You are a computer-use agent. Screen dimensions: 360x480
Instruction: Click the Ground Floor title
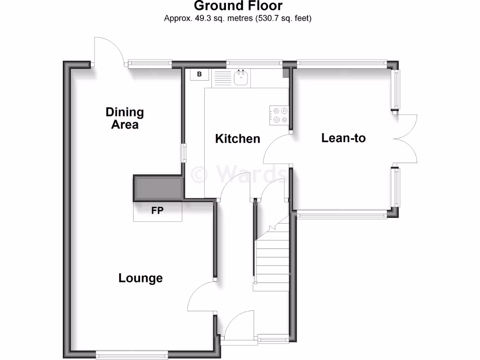click(238, 6)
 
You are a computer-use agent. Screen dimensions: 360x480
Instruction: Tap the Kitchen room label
click(237, 139)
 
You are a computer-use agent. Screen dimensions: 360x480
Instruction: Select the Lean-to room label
click(343, 138)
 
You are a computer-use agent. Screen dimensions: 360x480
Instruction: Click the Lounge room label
click(140, 278)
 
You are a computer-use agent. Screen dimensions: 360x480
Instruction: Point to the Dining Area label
click(125, 118)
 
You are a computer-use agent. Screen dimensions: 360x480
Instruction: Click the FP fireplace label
click(157, 211)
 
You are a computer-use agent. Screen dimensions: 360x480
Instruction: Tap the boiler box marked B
click(199, 75)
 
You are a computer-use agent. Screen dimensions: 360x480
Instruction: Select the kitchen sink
click(241, 77)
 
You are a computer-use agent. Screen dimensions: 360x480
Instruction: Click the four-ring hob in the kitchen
click(278, 115)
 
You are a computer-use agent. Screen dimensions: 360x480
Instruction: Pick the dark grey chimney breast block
click(158, 188)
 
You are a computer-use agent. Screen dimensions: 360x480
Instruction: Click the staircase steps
click(272, 262)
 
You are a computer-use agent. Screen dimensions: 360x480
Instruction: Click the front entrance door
click(238, 328)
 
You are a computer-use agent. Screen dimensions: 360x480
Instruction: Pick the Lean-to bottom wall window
click(342, 215)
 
